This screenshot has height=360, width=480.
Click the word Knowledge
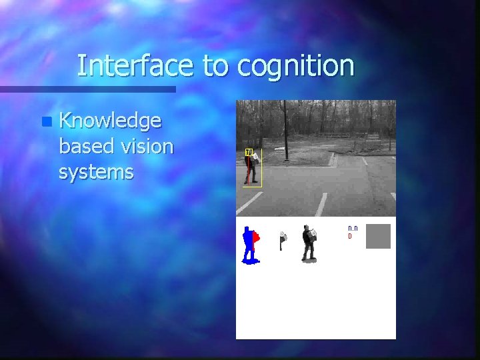tap(110, 121)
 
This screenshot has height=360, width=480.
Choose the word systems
tap(96, 172)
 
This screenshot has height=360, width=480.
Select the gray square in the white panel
tap(378, 236)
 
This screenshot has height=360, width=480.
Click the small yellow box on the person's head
tap(248, 153)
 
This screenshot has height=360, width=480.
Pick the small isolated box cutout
tap(283, 238)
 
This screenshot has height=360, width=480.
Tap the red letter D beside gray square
tap(350, 237)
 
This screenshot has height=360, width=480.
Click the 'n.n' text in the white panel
tap(353, 229)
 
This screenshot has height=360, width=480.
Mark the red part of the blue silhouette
tap(256, 237)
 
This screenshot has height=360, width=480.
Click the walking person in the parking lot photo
tap(252, 167)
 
